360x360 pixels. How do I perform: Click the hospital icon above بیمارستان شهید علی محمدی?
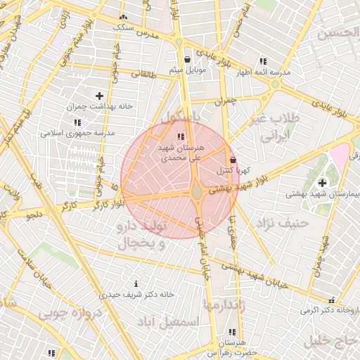click(x=181, y=136)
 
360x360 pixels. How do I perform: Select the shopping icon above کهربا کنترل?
click(x=233, y=160)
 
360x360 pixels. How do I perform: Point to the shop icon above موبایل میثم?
click(x=187, y=59)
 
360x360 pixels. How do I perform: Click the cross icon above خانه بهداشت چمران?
click(x=99, y=96)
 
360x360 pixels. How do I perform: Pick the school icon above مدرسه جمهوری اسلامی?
click(x=76, y=122)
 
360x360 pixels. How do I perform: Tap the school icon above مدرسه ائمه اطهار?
click(x=263, y=61)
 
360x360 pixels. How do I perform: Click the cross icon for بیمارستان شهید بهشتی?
click(x=322, y=183)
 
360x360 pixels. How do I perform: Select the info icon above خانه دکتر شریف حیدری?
click(x=136, y=283)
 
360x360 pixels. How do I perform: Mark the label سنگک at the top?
click(x=124, y=26)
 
